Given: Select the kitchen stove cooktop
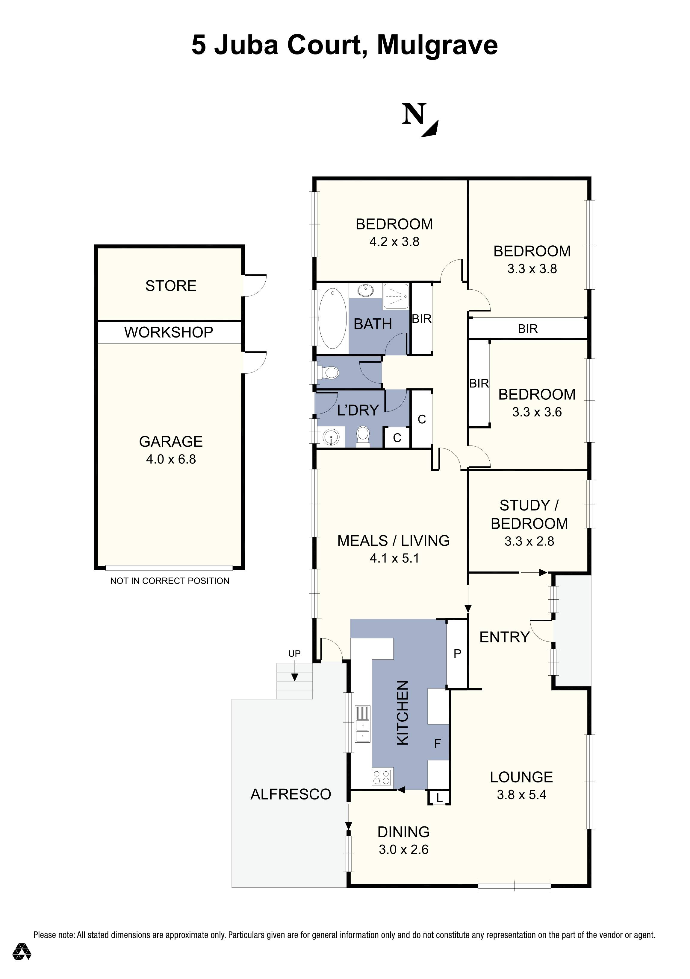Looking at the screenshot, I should [x=382, y=777].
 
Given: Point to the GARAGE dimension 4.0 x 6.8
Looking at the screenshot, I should [x=171, y=459].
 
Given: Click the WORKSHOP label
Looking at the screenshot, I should [x=169, y=332].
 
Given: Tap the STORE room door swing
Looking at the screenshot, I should [x=255, y=285].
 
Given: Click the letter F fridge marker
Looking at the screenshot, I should [x=437, y=744].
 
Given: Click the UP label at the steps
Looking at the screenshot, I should [x=294, y=654].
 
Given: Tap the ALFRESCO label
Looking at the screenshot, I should [x=290, y=794].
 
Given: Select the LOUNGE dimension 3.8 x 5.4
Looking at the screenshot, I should [x=521, y=795].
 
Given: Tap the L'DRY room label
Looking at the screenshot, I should [x=358, y=410].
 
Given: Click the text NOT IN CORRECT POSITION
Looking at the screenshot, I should [x=170, y=581].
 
